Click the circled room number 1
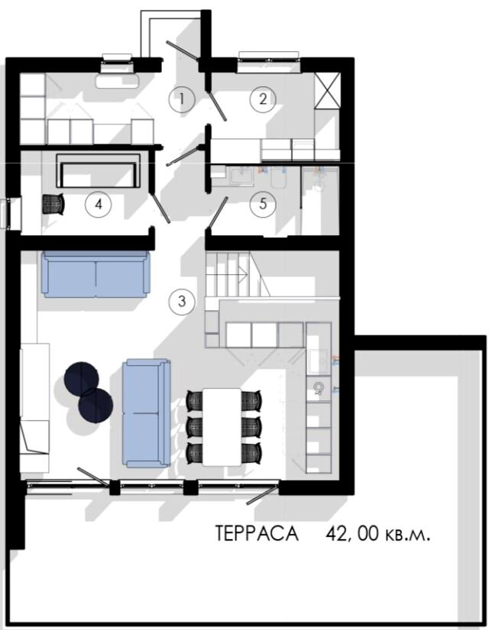(182, 99)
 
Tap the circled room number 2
(263, 99)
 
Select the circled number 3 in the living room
(182, 300)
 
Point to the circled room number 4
(99, 204)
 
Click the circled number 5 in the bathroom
(263, 203)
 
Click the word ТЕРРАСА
(257, 533)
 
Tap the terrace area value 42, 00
(352, 534)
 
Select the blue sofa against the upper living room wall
(95, 274)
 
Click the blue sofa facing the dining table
(146, 413)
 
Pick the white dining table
(222, 427)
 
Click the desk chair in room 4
(53, 204)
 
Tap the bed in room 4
(99, 170)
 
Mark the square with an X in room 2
(327, 90)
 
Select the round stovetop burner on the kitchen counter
(319, 387)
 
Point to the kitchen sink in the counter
(319, 361)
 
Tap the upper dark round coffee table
(82, 379)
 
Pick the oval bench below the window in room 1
(118, 81)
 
